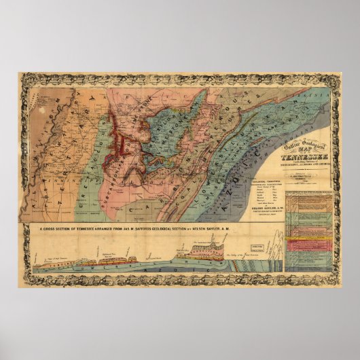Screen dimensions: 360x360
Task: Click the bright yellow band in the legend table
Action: pyautogui.click(x=307, y=238)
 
